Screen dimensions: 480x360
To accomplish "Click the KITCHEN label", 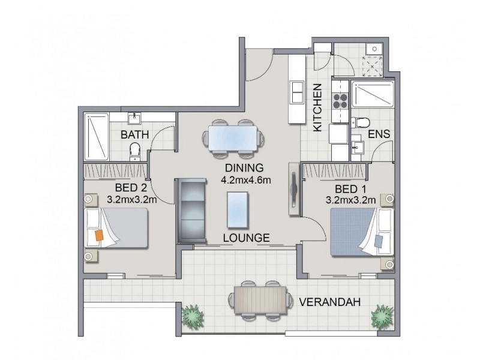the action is point(317,108).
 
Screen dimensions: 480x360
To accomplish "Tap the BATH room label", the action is point(134,134).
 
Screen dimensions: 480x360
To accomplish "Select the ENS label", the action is point(379,134).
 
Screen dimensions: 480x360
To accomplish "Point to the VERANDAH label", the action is point(329,302).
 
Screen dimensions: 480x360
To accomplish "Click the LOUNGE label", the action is point(247,238).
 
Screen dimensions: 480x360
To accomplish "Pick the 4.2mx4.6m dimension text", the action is point(246,180).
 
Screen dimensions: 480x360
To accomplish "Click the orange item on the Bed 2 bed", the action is point(99,235).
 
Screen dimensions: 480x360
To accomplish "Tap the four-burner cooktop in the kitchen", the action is point(340,101).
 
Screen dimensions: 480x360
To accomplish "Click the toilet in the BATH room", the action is point(134,151).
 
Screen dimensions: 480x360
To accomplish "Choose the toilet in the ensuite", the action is point(361,123).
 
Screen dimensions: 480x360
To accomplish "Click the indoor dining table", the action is point(233,139).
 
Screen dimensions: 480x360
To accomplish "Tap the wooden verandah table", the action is point(260,299).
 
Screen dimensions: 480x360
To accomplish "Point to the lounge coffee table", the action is point(238,209).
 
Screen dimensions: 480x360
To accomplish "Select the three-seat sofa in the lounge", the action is point(192,211).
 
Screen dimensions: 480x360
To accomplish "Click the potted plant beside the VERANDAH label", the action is point(382,317).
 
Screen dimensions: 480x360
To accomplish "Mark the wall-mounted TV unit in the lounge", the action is point(295,189).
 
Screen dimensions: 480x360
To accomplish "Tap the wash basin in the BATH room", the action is point(134,118).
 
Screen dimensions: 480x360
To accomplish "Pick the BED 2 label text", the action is point(131,188).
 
